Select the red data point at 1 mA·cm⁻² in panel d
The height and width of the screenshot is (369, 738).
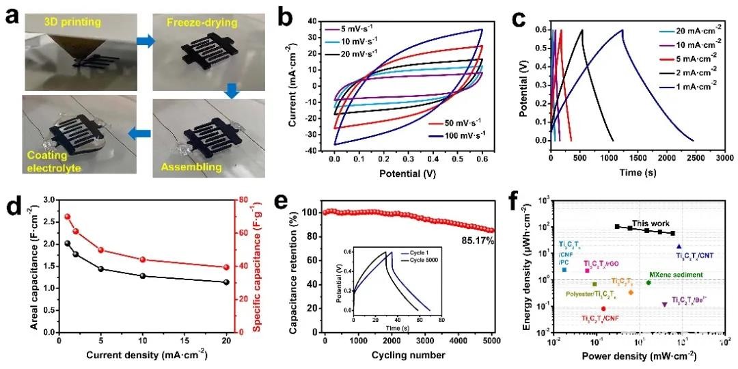[x=67, y=217]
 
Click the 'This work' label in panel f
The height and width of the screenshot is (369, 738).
[x=646, y=223]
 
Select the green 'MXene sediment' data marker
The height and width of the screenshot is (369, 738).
[x=648, y=283]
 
